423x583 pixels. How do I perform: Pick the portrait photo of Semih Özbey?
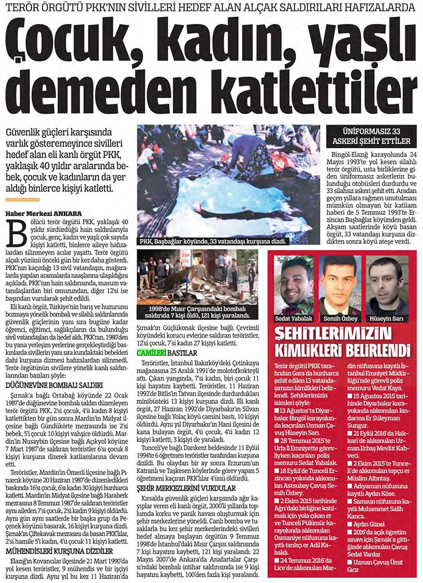point(339,286)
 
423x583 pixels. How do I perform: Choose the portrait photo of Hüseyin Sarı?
point(386,286)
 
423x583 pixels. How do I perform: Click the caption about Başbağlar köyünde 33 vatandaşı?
point(213,240)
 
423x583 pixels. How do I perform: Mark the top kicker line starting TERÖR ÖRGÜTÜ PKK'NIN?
point(211,9)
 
